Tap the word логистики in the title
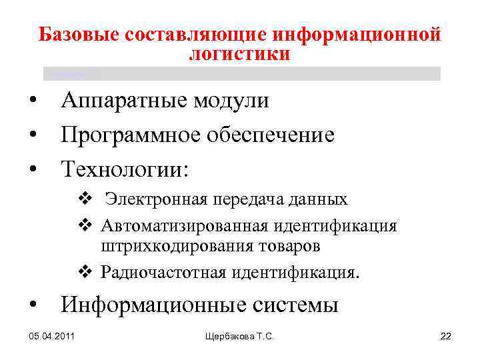click(x=239, y=55)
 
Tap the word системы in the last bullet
click(x=296, y=305)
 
